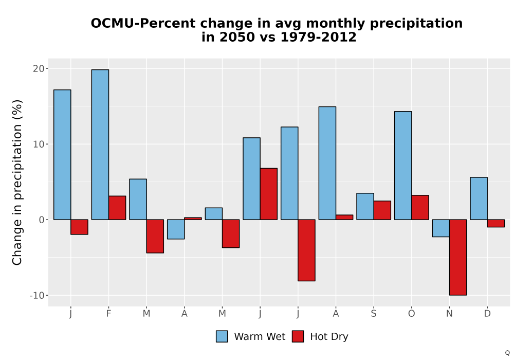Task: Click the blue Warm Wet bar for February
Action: coord(100,145)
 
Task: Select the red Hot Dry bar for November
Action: coord(458,257)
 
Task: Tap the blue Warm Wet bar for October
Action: coord(403,166)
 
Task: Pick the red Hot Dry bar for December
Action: coord(495,223)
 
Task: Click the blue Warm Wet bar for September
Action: coord(365,207)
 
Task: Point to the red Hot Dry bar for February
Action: coord(117,208)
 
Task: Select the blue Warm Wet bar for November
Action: coord(441,228)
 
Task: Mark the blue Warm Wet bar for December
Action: coord(479,199)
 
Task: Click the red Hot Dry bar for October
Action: coord(420,208)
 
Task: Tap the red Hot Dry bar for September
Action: coord(382,210)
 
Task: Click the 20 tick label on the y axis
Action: coord(39,68)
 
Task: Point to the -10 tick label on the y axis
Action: coord(36,295)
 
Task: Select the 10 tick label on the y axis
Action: coord(39,145)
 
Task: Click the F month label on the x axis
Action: coord(108,314)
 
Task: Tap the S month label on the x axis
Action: coord(374,314)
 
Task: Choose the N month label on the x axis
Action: coord(449,314)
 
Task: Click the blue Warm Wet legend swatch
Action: coord(222,336)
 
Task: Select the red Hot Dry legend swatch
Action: coord(298,336)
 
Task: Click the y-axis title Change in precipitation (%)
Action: coord(17,182)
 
